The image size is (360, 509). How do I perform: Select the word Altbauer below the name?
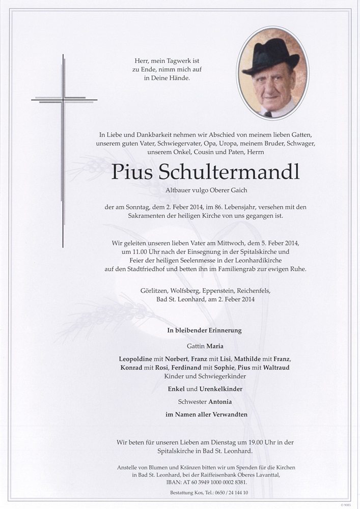pos(180,190)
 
